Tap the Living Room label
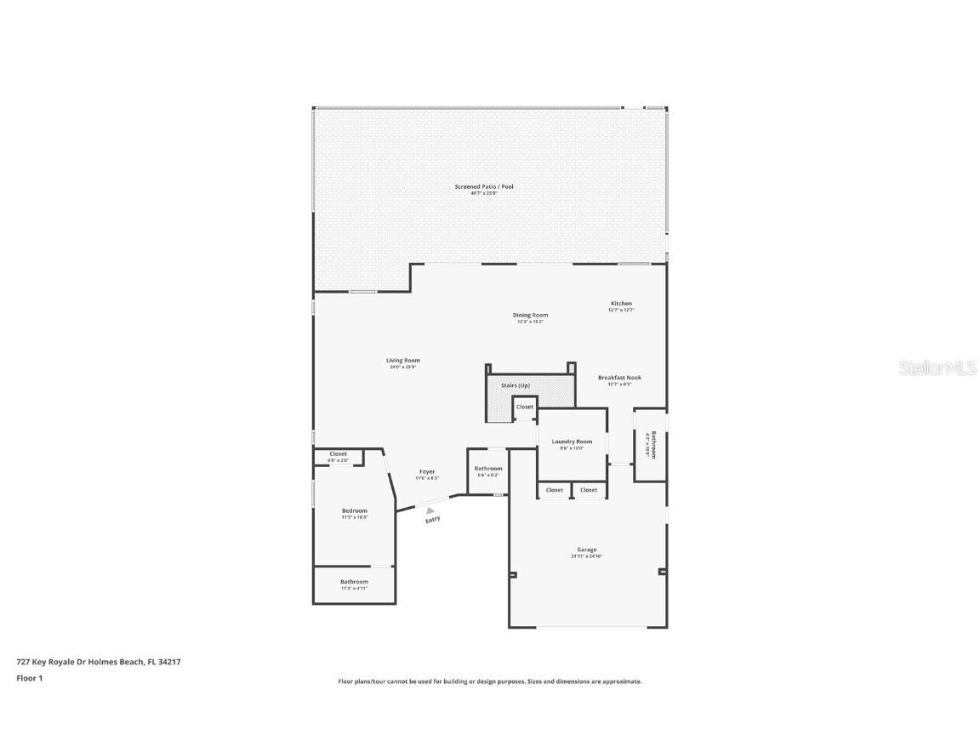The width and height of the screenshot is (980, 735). point(403,361)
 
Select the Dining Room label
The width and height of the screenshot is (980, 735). point(530,316)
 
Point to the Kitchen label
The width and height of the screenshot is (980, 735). point(621,304)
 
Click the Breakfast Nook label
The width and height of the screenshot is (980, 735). point(619,378)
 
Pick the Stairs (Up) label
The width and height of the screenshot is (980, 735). point(516,386)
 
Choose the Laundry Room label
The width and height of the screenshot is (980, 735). point(572,442)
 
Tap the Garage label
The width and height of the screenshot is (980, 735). point(586,550)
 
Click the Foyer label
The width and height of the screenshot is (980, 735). point(427,472)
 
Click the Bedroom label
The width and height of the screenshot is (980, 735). point(355,510)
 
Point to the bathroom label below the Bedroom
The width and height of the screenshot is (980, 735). point(355,582)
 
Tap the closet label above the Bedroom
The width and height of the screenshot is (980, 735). point(339,454)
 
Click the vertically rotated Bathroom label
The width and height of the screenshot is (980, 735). point(652,445)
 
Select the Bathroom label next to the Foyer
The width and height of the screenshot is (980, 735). point(488,469)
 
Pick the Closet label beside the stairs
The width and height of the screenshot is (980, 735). point(525,407)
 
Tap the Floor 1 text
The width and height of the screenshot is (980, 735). point(29,678)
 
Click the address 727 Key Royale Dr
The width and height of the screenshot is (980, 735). point(99,661)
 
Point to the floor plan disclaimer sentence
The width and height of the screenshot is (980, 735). point(490,681)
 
